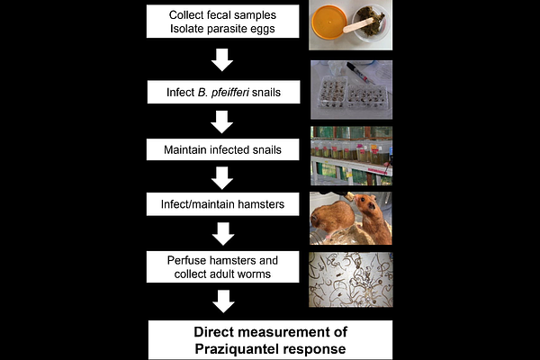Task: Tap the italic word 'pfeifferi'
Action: pyautogui.click(x=229, y=93)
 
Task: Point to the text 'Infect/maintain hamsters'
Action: pyautogui.click(x=222, y=204)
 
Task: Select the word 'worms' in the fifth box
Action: pyautogui.click(x=256, y=274)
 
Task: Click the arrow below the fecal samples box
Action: pyautogui.click(x=222, y=60)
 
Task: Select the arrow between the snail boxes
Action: pyautogui.click(x=221, y=122)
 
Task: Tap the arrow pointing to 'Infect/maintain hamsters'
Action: pyautogui.click(x=222, y=178)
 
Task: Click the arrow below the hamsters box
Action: pyautogui.click(x=223, y=234)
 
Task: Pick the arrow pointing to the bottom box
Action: pyautogui.click(x=223, y=301)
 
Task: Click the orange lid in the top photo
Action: pyautogui.click(x=328, y=22)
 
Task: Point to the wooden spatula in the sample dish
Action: pyautogui.click(x=358, y=25)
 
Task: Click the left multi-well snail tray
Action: pyautogui.click(x=331, y=92)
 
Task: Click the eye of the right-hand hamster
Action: pyautogui.click(x=371, y=206)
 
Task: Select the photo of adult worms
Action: pyautogui.click(x=351, y=279)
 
